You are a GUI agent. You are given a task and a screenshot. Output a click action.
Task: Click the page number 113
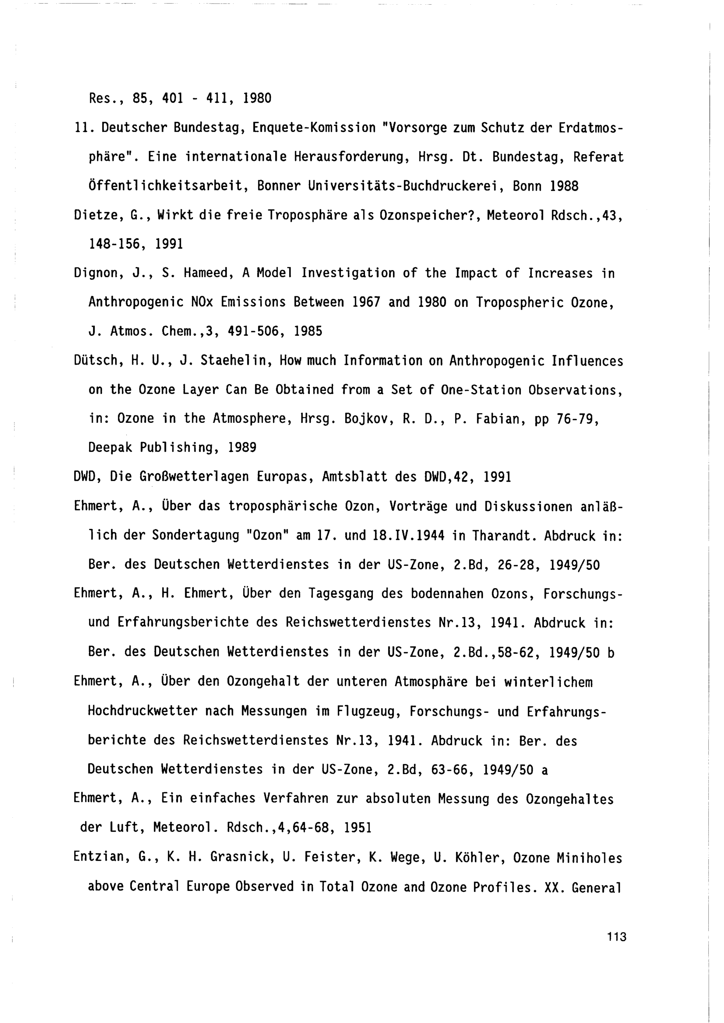coord(616,937)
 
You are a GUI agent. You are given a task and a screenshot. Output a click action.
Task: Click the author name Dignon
coord(96,273)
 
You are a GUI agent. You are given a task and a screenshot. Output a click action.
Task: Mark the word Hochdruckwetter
coord(143,711)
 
